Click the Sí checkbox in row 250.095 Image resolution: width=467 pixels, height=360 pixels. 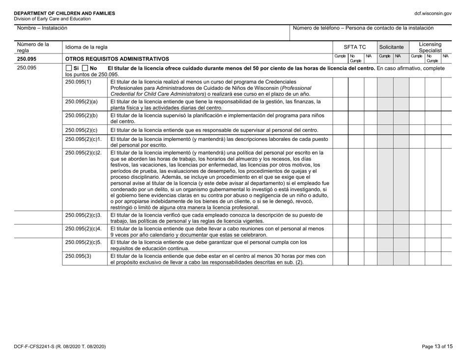(x=69, y=67)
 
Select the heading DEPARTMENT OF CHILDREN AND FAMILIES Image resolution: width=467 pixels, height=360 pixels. (x=61, y=13)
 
